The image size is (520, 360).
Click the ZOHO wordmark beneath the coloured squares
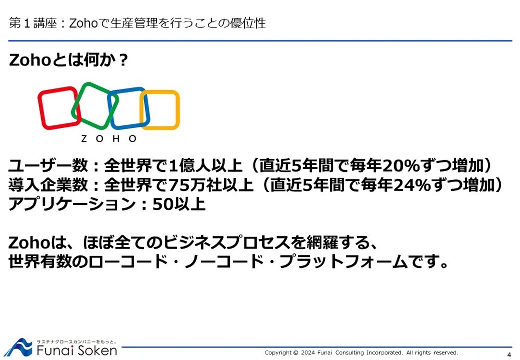pyautogui.click(x=109, y=139)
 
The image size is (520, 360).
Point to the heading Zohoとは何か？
pyautogui.click(x=68, y=60)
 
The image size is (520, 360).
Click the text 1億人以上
pyautogui.click(x=205, y=165)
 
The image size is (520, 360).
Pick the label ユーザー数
pyautogui.click(x=48, y=165)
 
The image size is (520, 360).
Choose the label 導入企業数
pyautogui.click(x=48, y=185)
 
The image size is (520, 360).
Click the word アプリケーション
pyautogui.click(x=72, y=204)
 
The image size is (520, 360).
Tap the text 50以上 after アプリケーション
pyautogui.click(x=179, y=204)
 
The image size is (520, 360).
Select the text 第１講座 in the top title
pyautogui.click(x=33, y=23)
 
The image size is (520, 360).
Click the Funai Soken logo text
pyautogui.click(x=77, y=351)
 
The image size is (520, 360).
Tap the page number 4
pyautogui.click(x=509, y=354)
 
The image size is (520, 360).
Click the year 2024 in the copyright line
pyautogui.click(x=308, y=353)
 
